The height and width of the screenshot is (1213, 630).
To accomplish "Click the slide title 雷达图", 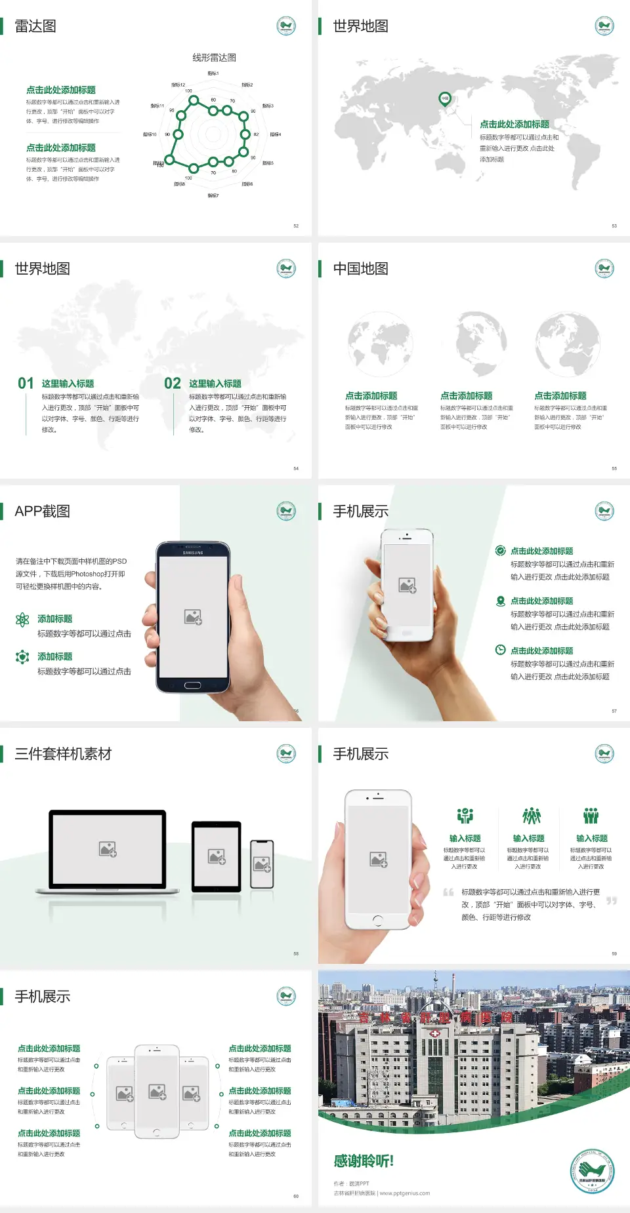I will point(35,26).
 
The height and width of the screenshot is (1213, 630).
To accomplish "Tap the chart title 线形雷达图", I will point(214,58).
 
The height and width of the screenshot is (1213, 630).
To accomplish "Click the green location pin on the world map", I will point(444,99).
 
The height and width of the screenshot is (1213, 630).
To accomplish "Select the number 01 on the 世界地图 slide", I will point(26,384).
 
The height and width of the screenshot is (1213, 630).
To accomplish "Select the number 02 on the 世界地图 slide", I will point(173,384).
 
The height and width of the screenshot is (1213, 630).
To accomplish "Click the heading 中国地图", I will point(360,269).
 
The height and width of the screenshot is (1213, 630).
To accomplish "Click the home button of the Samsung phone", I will point(192,685).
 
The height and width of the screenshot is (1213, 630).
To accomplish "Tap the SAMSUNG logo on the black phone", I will point(193,553).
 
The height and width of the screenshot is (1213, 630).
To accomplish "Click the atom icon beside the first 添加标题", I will point(22,620).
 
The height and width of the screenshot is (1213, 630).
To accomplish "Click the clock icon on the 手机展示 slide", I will point(500,650).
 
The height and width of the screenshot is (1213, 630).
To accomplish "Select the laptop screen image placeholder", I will point(108,849).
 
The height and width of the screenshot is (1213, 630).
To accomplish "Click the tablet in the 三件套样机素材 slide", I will point(216,856).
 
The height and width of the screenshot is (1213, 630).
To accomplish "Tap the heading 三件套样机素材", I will point(63,754).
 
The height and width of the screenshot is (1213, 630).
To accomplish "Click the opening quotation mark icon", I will point(448,892).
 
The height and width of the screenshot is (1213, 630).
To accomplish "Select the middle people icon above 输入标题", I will point(531,816).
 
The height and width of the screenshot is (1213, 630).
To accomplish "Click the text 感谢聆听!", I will point(364,1161).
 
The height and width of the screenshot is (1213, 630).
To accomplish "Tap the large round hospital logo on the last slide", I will point(592,1171).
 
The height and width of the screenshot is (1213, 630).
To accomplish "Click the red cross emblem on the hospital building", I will point(434,1034).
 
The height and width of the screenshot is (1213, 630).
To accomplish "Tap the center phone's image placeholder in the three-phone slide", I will point(157,1092).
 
